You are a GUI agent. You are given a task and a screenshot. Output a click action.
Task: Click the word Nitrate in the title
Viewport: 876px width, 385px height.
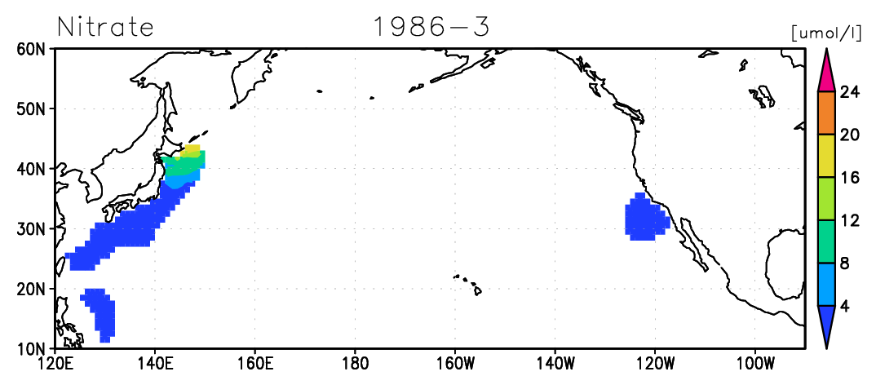click(x=105, y=26)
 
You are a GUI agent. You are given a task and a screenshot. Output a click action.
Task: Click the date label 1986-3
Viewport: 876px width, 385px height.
click(x=431, y=26)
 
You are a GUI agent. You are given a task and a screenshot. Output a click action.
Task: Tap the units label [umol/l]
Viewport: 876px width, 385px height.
click(x=827, y=33)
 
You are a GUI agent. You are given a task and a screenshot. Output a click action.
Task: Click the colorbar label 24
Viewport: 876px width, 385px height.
click(x=849, y=92)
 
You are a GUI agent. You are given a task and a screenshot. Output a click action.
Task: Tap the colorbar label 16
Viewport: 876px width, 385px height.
click(x=849, y=178)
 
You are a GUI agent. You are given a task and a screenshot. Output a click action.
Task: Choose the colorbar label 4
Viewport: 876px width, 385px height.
click(x=844, y=307)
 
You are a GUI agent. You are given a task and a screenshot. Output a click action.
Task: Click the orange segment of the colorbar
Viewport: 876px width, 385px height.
click(x=826, y=113)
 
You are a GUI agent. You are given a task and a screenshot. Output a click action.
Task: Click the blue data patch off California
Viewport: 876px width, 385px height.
click(x=646, y=217)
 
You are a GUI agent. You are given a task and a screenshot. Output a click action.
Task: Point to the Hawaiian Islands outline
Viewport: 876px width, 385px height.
click(x=468, y=284)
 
